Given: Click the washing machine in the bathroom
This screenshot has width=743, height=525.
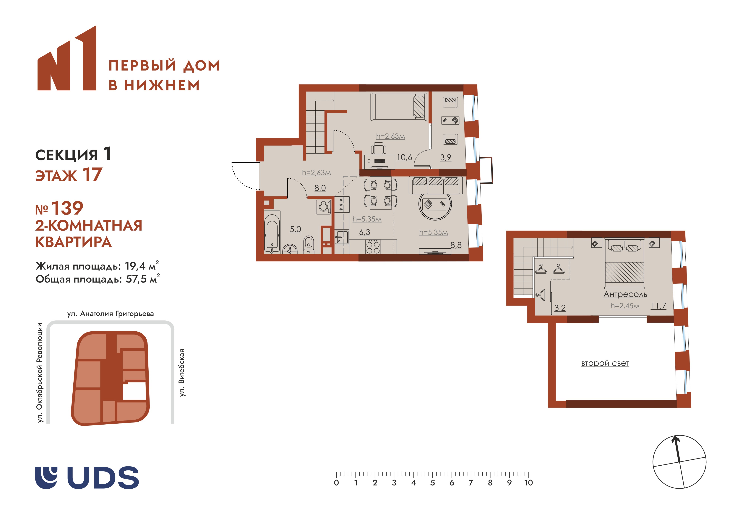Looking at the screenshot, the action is click(323, 207).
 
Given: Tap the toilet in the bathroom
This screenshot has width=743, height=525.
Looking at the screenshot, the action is click(309, 244).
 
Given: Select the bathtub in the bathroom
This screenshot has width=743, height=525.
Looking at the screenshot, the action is click(272, 232).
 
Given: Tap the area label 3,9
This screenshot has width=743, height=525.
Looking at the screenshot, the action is click(446, 158).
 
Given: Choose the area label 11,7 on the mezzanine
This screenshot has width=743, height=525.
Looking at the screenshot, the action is click(658, 306).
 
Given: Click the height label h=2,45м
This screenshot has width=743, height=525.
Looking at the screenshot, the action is click(625, 306).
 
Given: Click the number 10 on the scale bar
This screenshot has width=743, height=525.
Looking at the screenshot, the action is click(528, 483).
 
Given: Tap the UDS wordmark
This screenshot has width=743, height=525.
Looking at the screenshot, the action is click(103, 478).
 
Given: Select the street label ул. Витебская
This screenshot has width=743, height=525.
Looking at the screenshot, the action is click(182, 373).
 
